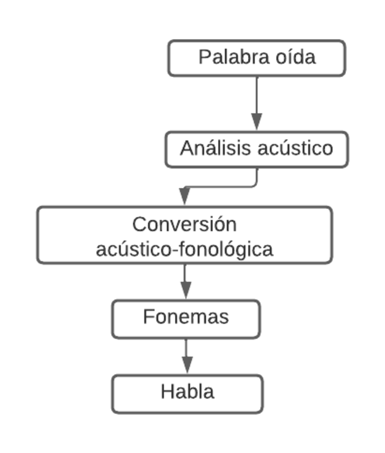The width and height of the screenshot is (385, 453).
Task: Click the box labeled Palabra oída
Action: tap(257, 58)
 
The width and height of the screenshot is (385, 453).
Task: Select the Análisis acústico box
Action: tap(257, 149)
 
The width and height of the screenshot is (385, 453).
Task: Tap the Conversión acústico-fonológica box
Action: tap(185, 235)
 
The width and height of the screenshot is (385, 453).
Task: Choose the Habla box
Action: tap(187, 393)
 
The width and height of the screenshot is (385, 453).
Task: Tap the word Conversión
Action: tap(185, 224)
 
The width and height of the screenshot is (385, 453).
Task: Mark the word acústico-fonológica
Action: tap(185, 249)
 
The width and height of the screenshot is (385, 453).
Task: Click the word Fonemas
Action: tap(186, 317)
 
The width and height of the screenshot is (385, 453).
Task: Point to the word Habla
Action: tap(187, 392)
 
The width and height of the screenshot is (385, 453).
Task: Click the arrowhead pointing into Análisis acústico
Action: tap(257, 121)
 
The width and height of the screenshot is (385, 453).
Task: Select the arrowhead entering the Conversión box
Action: tap(184, 196)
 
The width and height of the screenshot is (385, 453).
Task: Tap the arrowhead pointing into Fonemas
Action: tap(185, 291)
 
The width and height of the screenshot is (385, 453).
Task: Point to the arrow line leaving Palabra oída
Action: tap(257, 94)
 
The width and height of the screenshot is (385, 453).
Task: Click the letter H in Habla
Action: tap(166, 392)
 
